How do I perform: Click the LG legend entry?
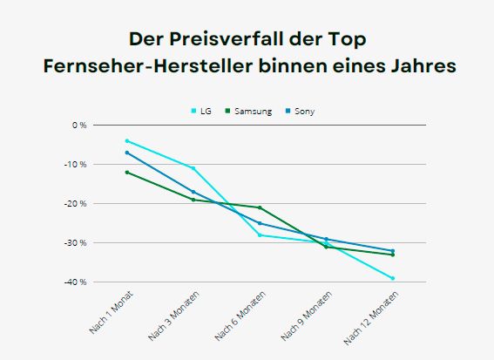[x=202, y=111]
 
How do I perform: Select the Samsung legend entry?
[x=248, y=111]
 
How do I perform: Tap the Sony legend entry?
[x=300, y=111]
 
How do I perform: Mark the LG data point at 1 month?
[x=127, y=140]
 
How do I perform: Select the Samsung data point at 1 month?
[x=127, y=172]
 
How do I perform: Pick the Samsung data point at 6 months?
[x=260, y=207]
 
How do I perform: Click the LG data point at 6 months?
[x=260, y=234]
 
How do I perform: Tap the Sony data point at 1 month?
[x=127, y=153]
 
